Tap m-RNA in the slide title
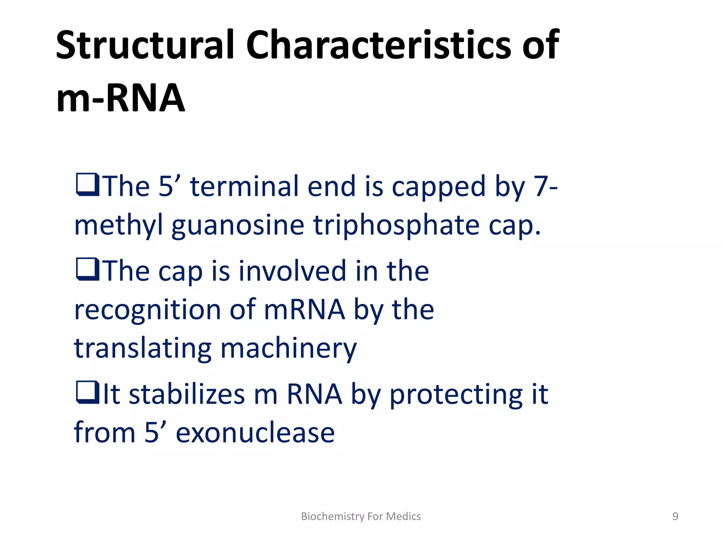coord(121,99)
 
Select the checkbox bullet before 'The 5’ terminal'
coord(87,185)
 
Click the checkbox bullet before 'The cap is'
coord(87,269)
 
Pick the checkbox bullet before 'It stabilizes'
coord(87,392)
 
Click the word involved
coord(292,271)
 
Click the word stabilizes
coord(186,394)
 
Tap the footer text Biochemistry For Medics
coord(361,516)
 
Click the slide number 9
coord(675,516)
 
